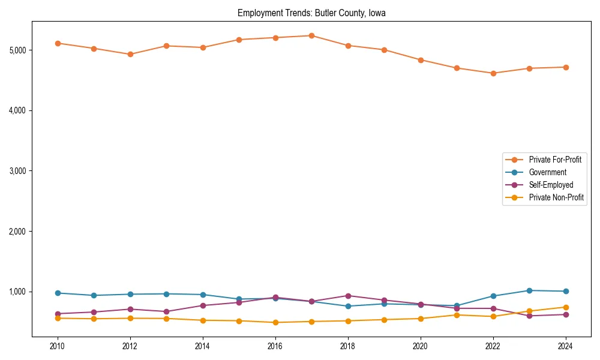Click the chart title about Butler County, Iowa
tap(311, 13)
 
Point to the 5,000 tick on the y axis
tap(18, 50)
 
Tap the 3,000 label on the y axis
tap(18, 171)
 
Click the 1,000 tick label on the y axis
tap(18, 292)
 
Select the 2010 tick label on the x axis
tap(58, 346)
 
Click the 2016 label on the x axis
tap(275, 346)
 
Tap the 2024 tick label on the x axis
tap(565, 346)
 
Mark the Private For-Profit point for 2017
tap(311, 35)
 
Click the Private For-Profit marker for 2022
tap(493, 73)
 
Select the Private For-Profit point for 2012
tap(130, 54)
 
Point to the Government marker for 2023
tap(529, 290)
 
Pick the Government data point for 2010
tap(58, 293)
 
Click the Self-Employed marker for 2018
tap(347, 296)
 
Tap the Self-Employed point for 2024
tap(565, 314)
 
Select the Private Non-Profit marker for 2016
tap(275, 322)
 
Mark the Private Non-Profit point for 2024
tap(565, 307)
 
